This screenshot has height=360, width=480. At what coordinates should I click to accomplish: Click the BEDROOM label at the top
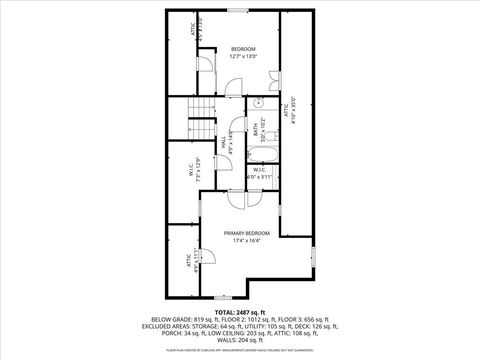(x=245, y=49)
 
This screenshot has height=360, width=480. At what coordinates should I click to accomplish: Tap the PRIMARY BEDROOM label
(x=246, y=233)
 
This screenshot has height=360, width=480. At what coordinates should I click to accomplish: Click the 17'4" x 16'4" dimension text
(x=246, y=240)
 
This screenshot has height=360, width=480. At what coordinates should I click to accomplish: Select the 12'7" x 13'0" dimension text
(x=245, y=56)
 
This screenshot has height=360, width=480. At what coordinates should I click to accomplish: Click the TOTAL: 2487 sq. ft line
(x=240, y=312)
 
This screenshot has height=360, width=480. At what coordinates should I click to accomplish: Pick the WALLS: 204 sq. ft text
(x=240, y=339)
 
